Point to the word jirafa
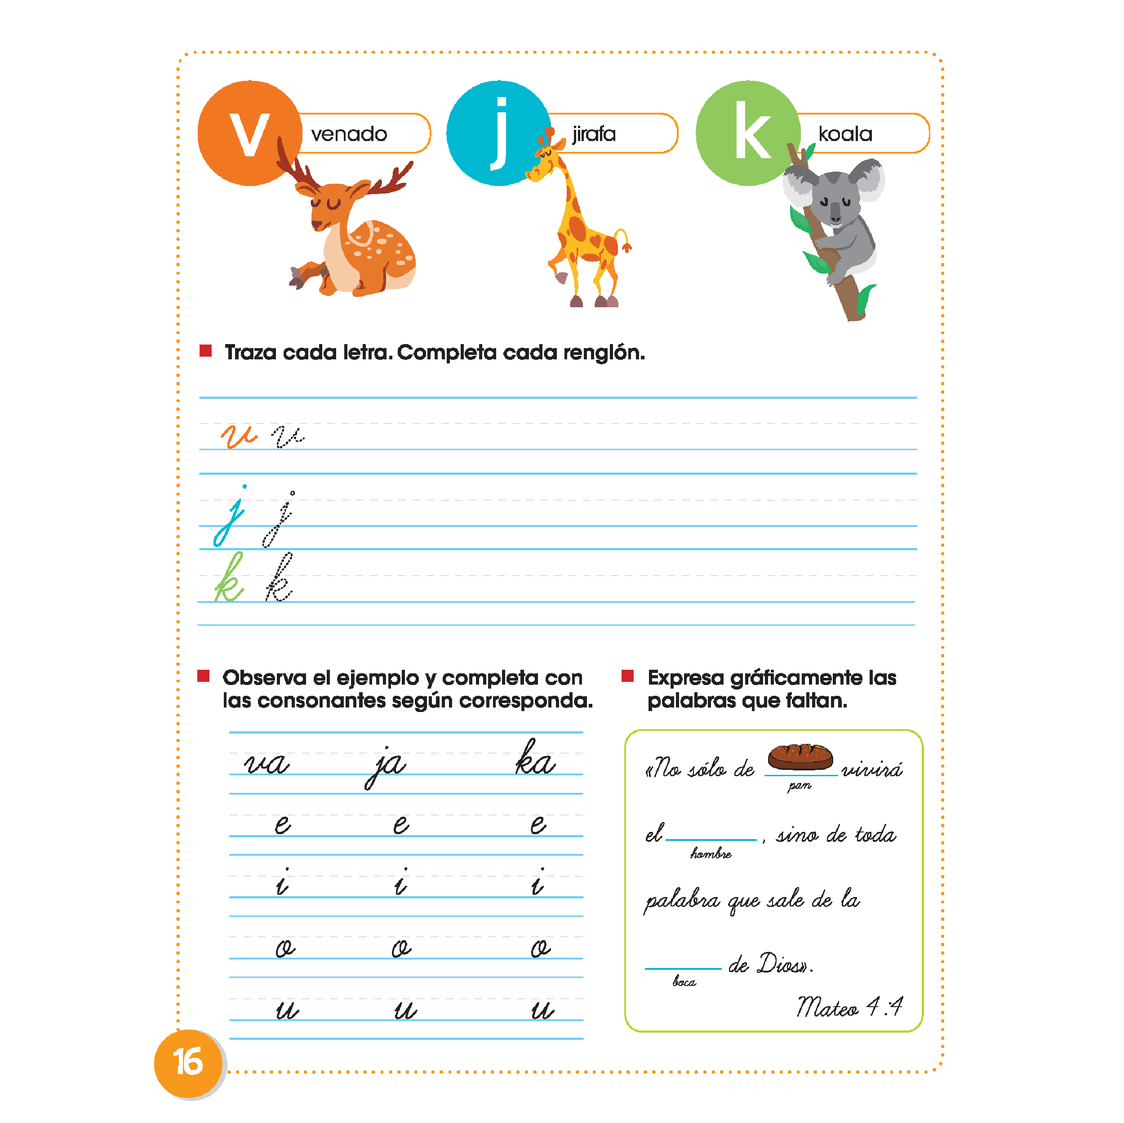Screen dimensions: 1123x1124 click(593, 134)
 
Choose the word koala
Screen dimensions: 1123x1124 click(845, 134)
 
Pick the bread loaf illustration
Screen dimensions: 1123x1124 click(800, 756)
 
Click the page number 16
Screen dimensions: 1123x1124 click(188, 1061)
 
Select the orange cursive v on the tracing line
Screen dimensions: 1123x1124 click(239, 435)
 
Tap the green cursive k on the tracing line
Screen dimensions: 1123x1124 click(229, 579)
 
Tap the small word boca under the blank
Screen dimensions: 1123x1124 click(684, 982)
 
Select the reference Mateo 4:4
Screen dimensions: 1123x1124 click(849, 1006)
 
